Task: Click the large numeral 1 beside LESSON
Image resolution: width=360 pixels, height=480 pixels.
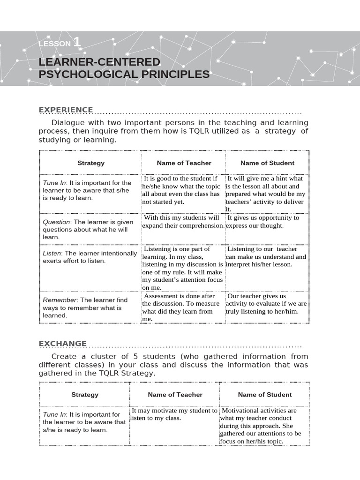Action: [x=77, y=42]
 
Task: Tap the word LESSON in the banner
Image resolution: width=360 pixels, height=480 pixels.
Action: [x=54, y=44]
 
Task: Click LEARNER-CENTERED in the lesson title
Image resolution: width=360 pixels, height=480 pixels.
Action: [x=99, y=62]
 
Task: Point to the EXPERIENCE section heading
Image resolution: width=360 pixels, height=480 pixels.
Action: [x=66, y=110]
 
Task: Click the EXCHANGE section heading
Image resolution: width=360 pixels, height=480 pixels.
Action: [x=62, y=344]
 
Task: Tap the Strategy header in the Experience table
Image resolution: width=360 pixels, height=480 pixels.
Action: [x=91, y=163]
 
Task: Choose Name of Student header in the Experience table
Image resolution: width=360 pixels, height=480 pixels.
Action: [x=267, y=163]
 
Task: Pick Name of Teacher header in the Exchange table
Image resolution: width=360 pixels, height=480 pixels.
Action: [x=175, y=395]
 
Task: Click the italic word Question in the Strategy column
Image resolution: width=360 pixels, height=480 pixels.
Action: [x=56, y=222]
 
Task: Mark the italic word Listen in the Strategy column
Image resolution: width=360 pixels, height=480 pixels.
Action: [x=52, y=253]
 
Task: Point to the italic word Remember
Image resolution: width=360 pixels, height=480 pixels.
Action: [x=60, y=300]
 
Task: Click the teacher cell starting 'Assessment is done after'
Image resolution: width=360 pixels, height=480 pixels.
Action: [x=182, y=307]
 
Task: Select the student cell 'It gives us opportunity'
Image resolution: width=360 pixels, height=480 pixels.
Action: [x=266, y=222]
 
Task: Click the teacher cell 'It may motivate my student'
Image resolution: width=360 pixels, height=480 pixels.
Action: [x=174, y=414]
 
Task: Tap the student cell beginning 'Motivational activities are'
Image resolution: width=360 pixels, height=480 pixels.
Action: [x=263, y=426]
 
